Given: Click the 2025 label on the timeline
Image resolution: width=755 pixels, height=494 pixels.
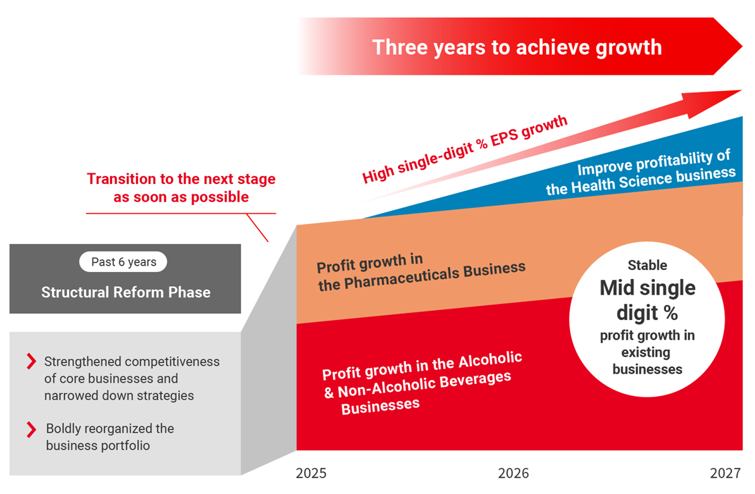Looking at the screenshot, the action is [x=311, y=473].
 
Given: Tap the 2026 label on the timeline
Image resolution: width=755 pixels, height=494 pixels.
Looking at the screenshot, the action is [x=513, y=473].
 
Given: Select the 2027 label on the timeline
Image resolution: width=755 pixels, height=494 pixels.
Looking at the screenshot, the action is [x=725, y=473].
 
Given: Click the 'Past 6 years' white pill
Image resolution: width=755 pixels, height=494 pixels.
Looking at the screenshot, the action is [x=123, y=262].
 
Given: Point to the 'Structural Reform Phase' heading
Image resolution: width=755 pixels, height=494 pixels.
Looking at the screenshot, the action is [x=126, y=292].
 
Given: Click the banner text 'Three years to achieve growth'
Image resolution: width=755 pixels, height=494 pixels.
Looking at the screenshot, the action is [x=517, y=47].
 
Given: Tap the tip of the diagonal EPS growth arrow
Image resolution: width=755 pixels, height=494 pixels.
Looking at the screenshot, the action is [x=740, y=90].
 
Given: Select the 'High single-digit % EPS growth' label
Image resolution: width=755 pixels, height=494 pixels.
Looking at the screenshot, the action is [x=465, y=149].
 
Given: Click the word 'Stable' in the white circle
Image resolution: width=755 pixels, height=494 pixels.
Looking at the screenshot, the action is [x=647, y=265].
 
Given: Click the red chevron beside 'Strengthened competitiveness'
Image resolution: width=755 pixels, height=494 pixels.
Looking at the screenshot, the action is [x=31, y=361].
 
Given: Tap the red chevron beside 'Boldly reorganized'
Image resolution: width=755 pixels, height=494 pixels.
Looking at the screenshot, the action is [x=31, y=429].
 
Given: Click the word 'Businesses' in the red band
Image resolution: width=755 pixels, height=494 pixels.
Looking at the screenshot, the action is [x=380, y=406].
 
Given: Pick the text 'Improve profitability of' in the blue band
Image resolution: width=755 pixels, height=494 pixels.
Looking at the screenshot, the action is [x=654, y=163].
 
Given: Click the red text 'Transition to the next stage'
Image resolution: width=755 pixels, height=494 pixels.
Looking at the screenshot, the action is [x=181, y=178].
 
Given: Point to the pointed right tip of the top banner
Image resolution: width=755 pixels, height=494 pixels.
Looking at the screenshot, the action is [x=742, y=46].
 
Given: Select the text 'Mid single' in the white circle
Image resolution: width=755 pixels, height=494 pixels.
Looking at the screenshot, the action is [x=647, y=288].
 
